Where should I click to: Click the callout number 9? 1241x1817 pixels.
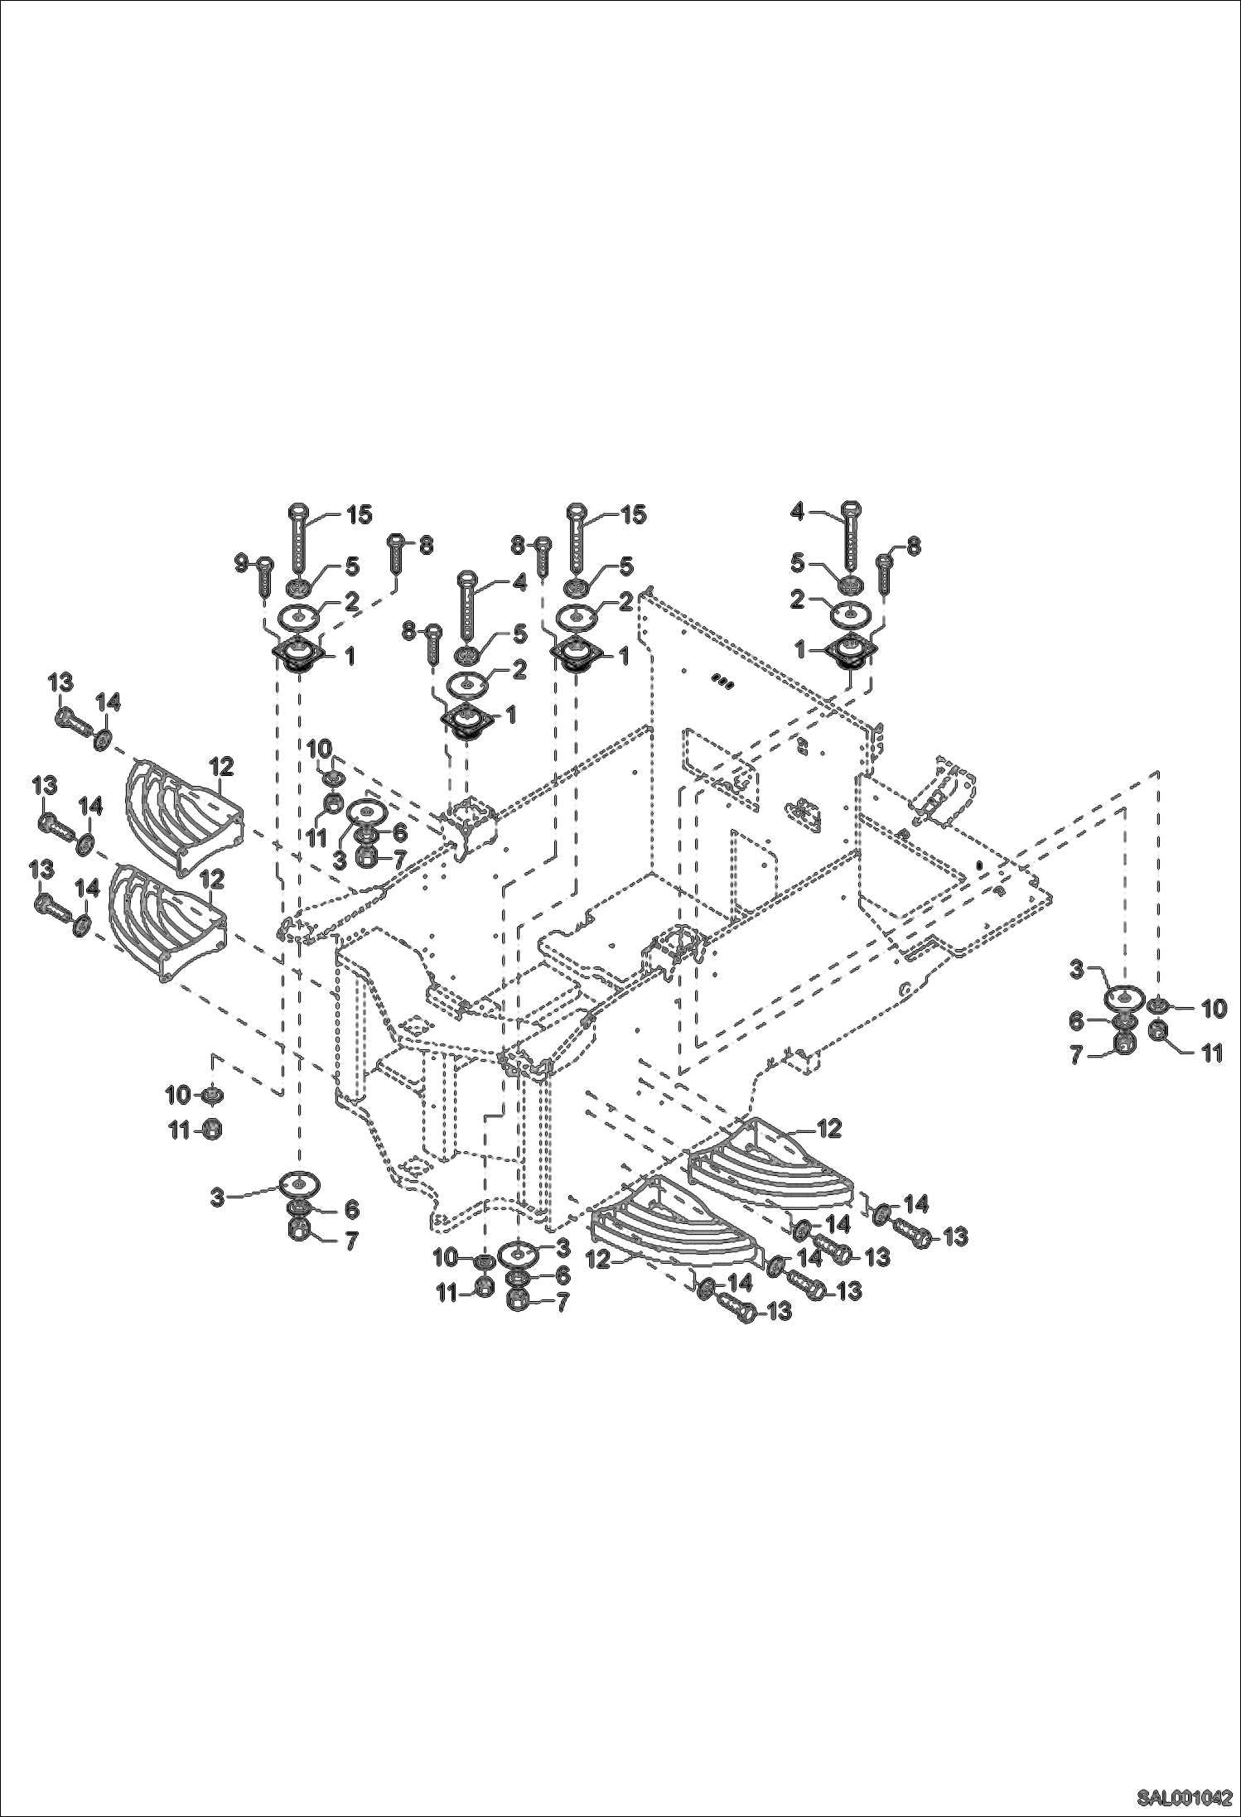point(241,563)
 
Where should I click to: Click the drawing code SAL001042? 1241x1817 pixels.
point(1184,1797)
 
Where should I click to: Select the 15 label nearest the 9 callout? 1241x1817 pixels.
point(359,515)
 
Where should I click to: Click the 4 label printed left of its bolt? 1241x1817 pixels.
point(797,513)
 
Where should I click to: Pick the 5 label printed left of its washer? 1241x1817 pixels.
point(797,564)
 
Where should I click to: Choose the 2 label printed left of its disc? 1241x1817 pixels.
point(797,600)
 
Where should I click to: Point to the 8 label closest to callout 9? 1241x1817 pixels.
point(425,545)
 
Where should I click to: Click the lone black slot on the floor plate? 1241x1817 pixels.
point(979,866)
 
